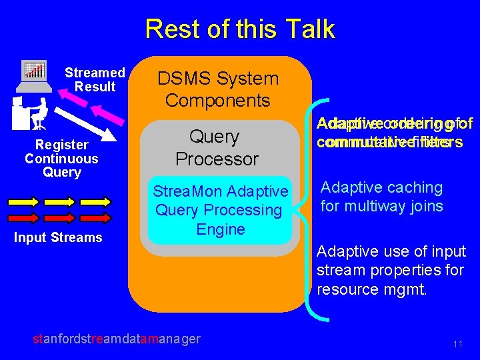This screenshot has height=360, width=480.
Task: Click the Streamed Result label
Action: click(95, 79)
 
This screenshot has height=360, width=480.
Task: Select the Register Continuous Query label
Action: click(61, 159)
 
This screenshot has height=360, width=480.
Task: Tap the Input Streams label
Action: click(58, 237)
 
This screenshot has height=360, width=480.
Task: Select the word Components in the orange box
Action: click(218, 101)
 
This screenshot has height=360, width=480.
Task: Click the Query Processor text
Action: click(216, 148)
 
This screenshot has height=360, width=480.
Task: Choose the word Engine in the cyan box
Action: click(221, 229)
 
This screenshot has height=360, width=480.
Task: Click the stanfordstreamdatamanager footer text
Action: click(117, 339)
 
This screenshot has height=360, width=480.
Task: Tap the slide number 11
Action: click(457, 344)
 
